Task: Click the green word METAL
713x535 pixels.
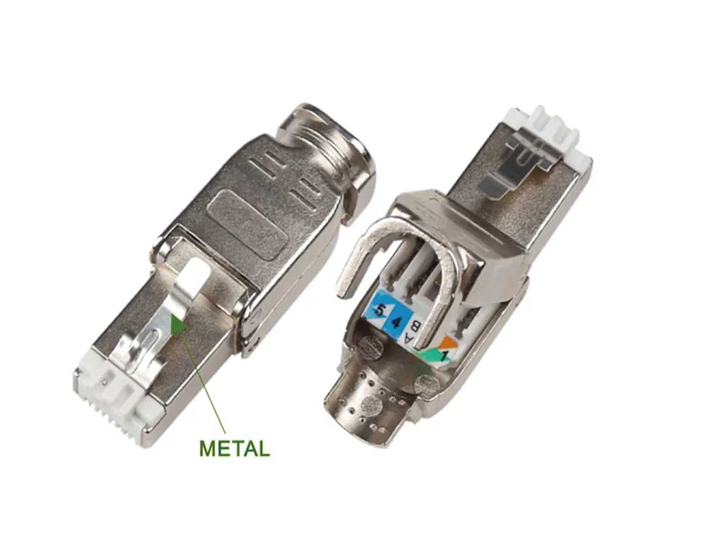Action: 234,448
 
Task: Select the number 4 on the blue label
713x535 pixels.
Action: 396,323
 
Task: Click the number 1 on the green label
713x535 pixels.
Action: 443,354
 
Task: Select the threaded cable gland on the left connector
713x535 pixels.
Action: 332,155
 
